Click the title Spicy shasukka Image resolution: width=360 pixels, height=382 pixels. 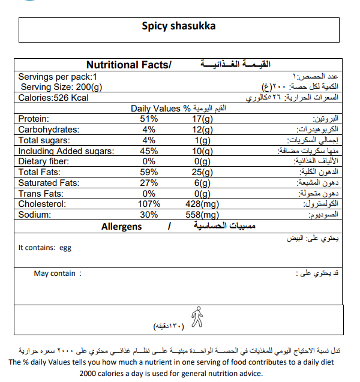(x=179, y=26)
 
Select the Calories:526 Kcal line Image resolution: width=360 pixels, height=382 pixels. (x=53, y=98)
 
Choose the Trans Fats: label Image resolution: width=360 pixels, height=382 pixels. (x=40, y=194)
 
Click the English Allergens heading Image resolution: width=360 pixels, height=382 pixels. (x=122, y=226)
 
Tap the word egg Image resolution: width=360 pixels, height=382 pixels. (x=65, y=247)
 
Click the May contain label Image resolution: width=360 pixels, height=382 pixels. (x=55, y=273)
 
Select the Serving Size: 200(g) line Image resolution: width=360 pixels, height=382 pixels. (x=62, y=88)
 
